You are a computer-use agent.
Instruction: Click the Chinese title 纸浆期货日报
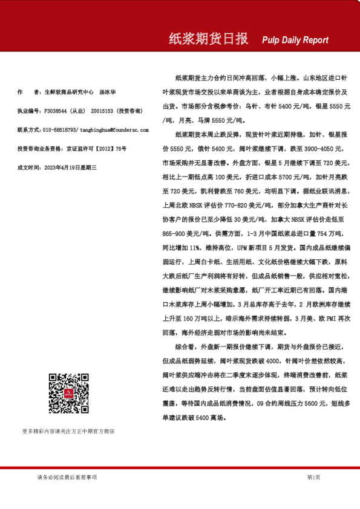(x=208, y=39)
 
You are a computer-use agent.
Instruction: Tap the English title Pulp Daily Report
(x=295, y=40)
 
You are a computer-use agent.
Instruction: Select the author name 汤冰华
(x=107, y=92)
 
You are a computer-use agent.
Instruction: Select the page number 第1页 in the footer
(x=313, y=477)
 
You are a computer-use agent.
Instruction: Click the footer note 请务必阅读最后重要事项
(x=67, y=477)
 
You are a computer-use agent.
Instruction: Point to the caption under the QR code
(x=68, y=431)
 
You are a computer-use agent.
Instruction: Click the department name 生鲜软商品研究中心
(x=68, y=92)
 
